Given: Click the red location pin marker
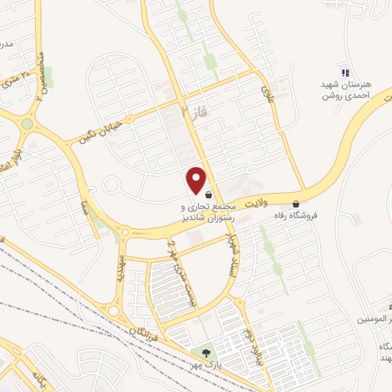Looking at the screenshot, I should (x=197, y=180).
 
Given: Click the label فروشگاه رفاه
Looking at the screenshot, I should (x=275, y=215).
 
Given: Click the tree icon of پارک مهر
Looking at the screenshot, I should (x=205, y=353).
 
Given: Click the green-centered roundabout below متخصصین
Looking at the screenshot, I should (x=28, y=123).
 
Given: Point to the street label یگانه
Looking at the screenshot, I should (x=38, y=378).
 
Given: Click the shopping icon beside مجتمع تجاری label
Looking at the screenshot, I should (x=209, y=194).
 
